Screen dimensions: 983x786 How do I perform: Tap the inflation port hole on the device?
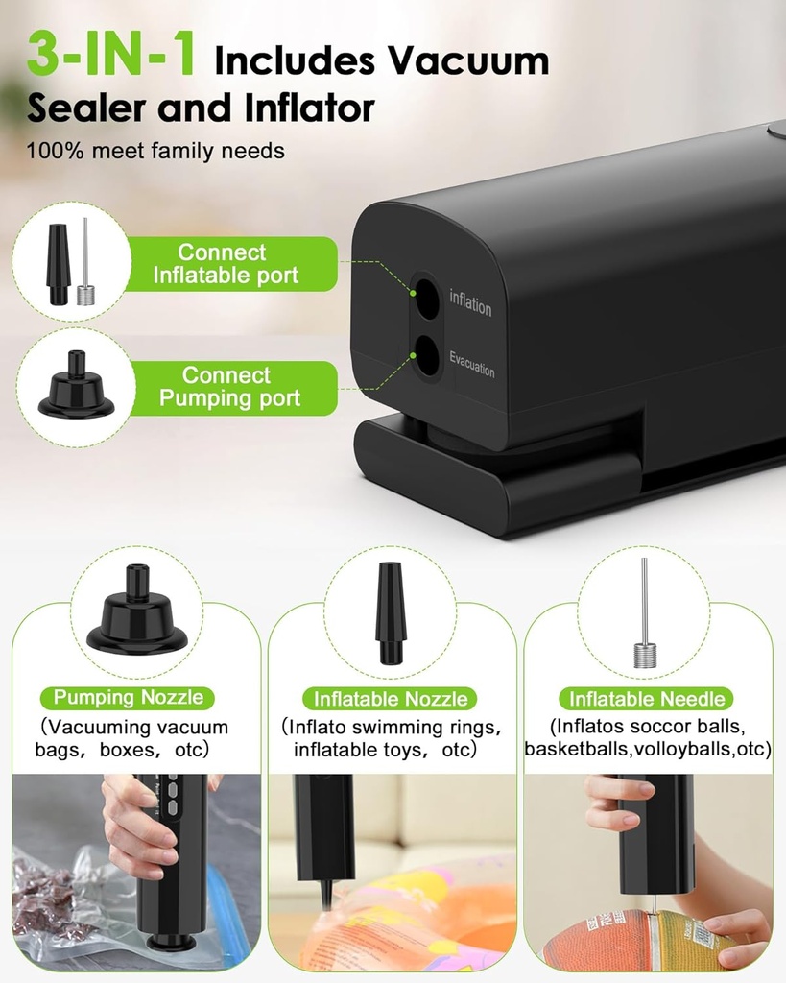[x=426, y=300]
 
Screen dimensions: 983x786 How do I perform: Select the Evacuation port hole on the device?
[x=426, y=360]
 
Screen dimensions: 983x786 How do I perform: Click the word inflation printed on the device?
[x=470, y=305]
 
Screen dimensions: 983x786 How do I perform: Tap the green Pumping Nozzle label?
[x=134, y=698]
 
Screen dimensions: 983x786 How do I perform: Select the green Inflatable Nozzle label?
[x=391, y=699]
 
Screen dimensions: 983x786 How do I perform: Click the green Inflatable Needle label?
[x=648, y=699]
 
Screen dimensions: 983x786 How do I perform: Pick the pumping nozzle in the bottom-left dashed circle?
[x=136, y=613]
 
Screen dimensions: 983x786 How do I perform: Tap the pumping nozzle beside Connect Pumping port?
[x=76, y=386]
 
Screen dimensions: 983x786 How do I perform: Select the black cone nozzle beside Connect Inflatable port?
[x=59, y=264]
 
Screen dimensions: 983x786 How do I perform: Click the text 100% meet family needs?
[x=155, y=151]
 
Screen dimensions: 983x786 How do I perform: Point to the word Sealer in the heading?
[x=82, y=108]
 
